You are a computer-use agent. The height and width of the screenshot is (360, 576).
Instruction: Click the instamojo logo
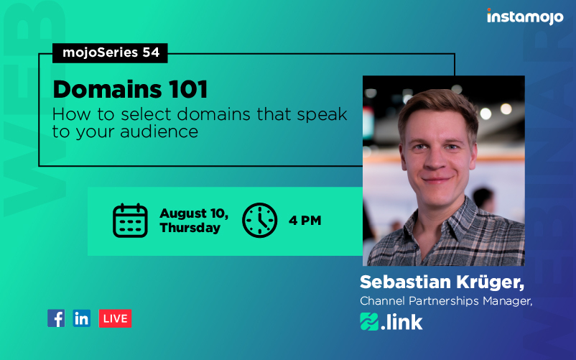tap(525, 17)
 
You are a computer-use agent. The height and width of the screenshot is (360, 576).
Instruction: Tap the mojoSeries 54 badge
tap(110, 53)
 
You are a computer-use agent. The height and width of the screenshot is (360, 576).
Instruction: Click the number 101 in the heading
tap(188, 89)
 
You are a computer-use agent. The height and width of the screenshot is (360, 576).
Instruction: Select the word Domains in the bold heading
tap(107, 89)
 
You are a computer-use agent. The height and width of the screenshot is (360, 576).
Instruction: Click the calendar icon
tap(130, 221)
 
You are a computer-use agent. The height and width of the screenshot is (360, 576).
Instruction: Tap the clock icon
tap(260, 220)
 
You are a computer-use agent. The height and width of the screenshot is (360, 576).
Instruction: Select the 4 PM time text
tap(305, 221)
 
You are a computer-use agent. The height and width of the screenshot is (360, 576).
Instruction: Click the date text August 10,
tap(194, 213)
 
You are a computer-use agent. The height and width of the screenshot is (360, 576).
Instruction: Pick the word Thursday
tap(190, 228)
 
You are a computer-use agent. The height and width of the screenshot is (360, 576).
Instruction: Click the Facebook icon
tap(56, 318)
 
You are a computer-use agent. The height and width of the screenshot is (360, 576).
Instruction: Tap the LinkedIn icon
tap(82, 318)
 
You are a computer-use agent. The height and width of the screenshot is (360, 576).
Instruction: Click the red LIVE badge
tap(115, 318)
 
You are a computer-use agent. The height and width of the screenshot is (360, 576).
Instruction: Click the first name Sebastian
tap(405, 282)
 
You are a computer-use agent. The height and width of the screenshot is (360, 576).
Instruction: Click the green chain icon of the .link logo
tap(369, 321)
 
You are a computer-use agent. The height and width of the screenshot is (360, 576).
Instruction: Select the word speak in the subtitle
tap(322, 115)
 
